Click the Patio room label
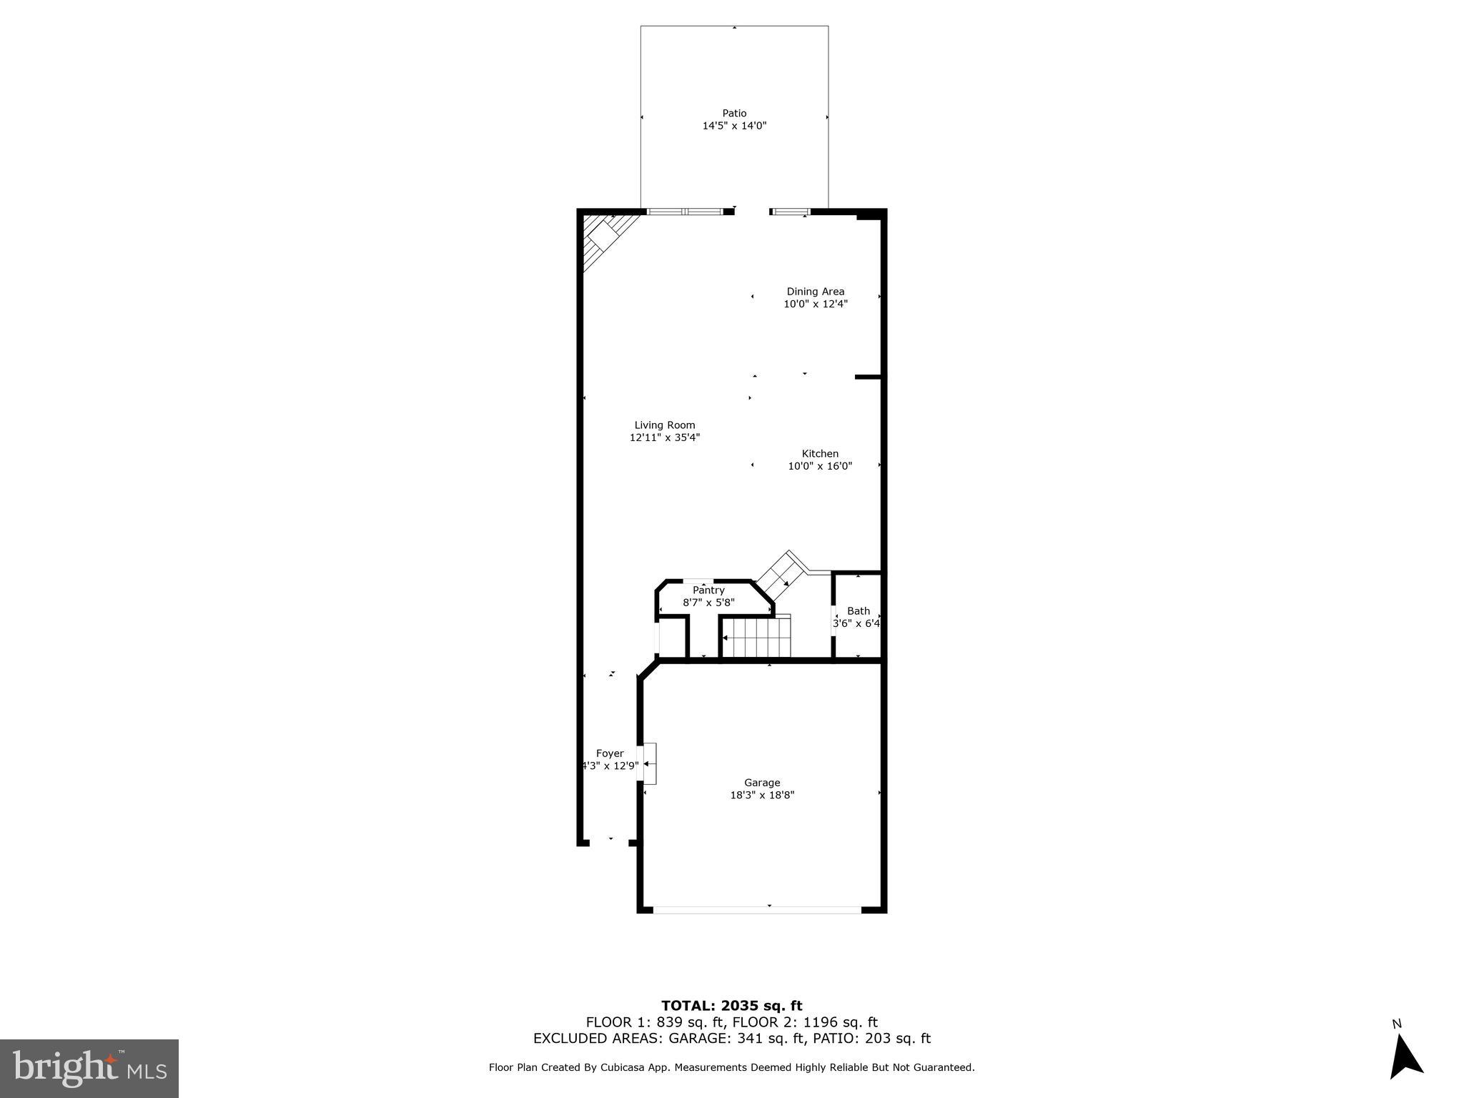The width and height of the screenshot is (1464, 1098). (734, 113)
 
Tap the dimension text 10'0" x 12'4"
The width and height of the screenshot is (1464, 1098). (816, 304)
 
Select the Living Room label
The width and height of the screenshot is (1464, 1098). (664, 425)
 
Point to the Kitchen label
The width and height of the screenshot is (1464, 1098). (820, 453)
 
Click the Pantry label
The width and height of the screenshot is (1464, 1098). (708, 590)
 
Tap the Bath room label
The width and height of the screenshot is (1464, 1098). (858, 610)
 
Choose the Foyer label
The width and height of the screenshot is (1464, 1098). (610, 753)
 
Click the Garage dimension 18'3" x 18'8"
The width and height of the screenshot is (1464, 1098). (762, 794)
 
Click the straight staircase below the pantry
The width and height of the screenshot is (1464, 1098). (756, 637)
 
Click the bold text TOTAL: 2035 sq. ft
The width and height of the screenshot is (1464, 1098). (731, 1006)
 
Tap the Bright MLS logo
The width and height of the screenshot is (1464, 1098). (89, 1068)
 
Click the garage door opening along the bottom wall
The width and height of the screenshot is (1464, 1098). (758, 910)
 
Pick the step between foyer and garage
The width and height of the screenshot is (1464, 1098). (649, 763)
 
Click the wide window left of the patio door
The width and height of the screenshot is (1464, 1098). (685, 212)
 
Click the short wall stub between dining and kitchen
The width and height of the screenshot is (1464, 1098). (868, 377)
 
